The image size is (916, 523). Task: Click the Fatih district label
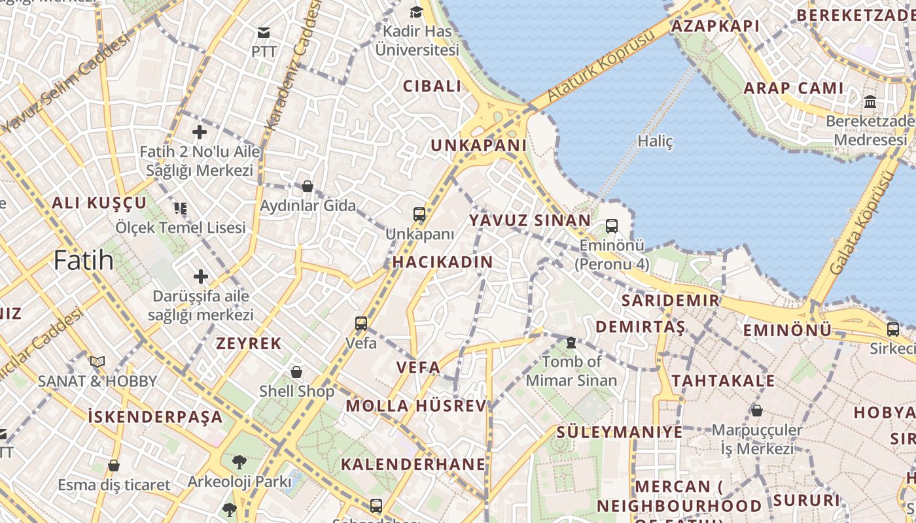pos(84,260)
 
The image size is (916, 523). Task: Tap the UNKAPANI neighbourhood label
pos(478,145)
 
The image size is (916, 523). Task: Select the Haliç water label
pos(655,141)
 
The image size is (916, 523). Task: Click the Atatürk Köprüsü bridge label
pos(601,65)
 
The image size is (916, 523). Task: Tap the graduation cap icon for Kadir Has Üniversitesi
pos(416,12)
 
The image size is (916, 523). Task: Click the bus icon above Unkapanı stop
pos(419,214)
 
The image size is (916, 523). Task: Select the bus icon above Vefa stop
pos(361,323)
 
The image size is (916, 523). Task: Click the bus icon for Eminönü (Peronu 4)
pos(612,226)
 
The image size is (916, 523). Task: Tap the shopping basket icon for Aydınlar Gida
pos(308,186)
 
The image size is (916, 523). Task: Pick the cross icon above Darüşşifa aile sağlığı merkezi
pos(200,277)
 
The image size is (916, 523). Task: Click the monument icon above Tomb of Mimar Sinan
pos(571,342)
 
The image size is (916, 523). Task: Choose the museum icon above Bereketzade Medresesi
pos(870,102)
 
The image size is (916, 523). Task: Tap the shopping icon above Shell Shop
pos(296,372)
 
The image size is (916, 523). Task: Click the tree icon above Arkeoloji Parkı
pos(239,462)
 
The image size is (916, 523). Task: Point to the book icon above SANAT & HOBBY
pos(97,362)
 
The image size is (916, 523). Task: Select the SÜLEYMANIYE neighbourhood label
pos(620,432)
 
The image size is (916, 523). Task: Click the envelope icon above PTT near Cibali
pos(264,32)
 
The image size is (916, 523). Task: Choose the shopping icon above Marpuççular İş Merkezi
pos(757,411)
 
